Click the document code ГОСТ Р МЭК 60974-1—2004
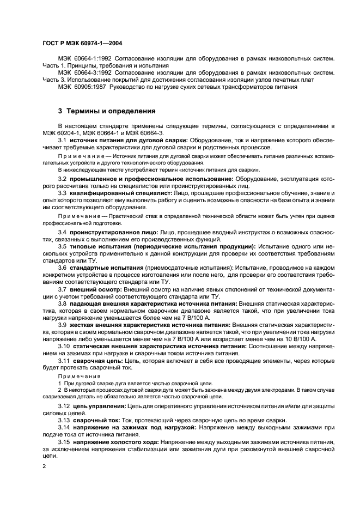(82, 43)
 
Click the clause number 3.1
(62, 141)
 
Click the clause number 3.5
(62, 247)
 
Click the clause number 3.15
(64, 441)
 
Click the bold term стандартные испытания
(107, 268)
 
